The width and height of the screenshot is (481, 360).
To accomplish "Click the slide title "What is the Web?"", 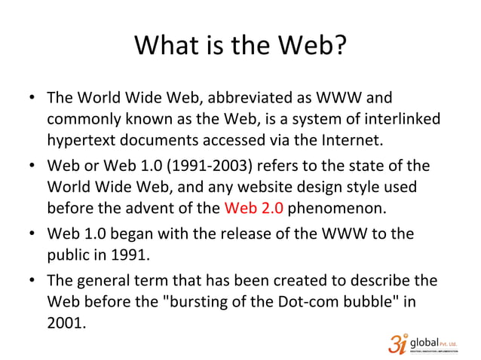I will point(240,47).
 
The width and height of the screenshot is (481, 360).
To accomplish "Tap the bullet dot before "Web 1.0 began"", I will point(32,234).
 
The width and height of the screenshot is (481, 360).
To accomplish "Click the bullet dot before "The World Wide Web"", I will point(32,100).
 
